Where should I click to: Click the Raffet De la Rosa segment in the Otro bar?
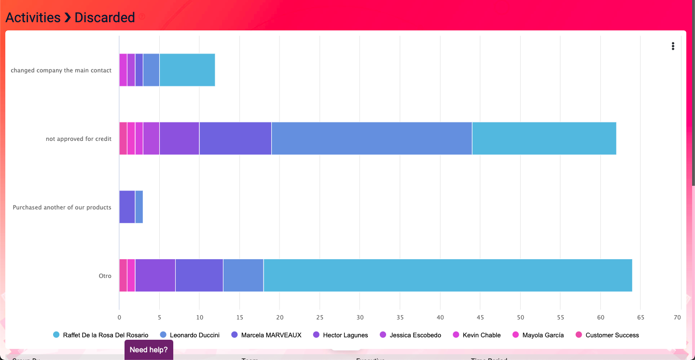(x=447, y=276)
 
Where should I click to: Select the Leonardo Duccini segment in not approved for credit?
(x=372, y=138)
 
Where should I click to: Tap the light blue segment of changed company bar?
(x=187, y=70)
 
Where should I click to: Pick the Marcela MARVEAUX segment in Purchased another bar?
(x=127, y=207)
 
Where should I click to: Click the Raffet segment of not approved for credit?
(x=544, y=138)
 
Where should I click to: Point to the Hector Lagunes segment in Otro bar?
(x=155, y=276)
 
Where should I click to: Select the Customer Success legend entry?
(x=612, y=335)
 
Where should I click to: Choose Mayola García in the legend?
(x=542, y=335)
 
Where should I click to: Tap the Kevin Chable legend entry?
(x=481, y=335)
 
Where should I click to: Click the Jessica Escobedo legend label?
(x=415, y=335)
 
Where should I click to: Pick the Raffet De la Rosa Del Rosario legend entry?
(x=105, y=335)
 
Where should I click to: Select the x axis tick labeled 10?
(x=199, y=317)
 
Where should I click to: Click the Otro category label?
(x=105, y=276)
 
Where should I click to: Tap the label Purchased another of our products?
(x=62, y=208)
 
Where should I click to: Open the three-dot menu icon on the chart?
(x=673, y=46)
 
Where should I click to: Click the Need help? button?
(x=149, y=350)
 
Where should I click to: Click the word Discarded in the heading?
(x=105, y=17)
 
